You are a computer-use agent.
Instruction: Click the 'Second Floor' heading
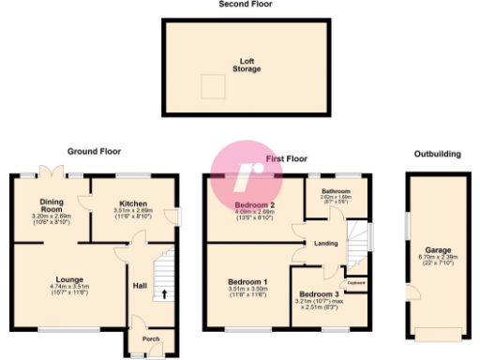click(239, 5)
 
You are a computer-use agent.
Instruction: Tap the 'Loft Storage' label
click(247, 65)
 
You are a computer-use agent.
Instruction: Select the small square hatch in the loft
click(212, 86)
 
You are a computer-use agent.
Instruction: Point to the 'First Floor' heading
click(287, 160)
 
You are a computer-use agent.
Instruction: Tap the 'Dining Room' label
click(51, 204)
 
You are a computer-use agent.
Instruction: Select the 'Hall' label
click(140, 287)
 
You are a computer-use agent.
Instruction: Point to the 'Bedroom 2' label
click(254, 205)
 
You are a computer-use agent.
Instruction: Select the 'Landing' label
click(326, 244)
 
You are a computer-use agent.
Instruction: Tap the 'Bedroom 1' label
click(248, 281)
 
